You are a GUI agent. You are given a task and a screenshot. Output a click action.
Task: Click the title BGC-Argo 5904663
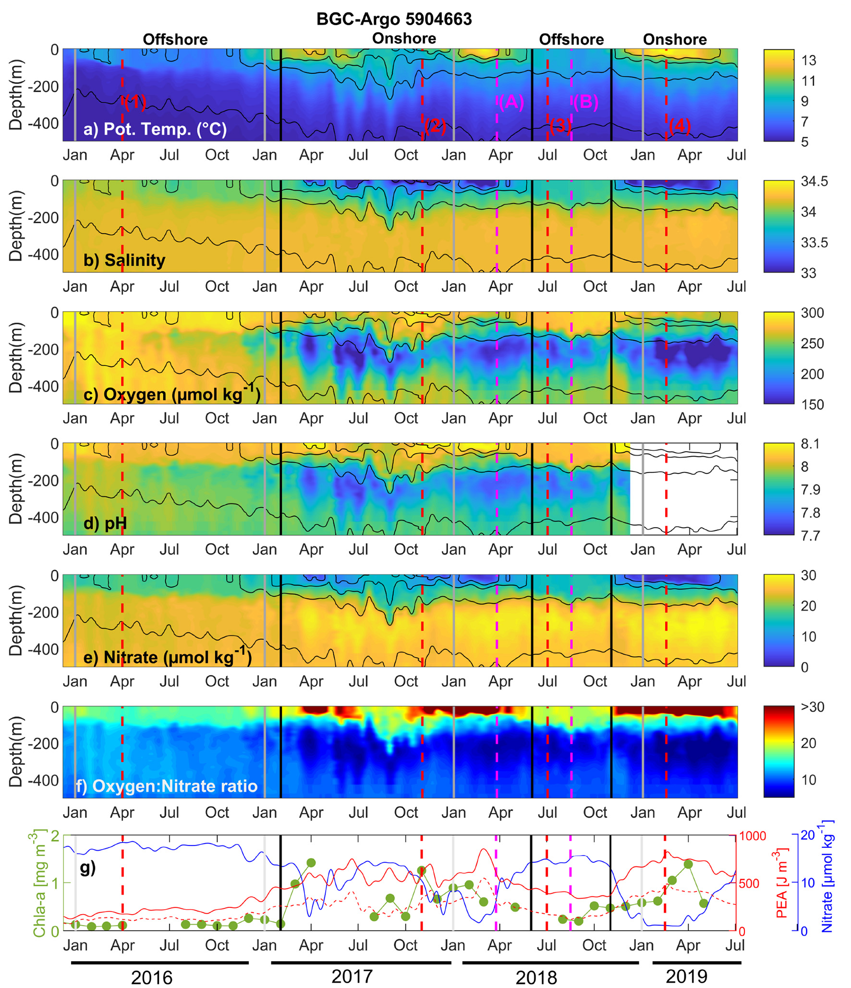[x=394, y=19]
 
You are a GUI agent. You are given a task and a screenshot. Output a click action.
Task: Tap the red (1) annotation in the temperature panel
[x=135, y=102]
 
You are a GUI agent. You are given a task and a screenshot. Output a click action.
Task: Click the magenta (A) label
[x=511, y=102]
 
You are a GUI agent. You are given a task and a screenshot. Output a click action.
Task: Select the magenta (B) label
[x=586, y=102]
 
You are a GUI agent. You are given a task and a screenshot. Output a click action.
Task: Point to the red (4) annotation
[x=680, y=126]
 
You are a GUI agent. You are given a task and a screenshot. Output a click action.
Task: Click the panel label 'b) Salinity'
[x=124, y=260]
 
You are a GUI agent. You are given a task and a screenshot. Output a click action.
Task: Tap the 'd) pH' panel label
[x=105, y=523]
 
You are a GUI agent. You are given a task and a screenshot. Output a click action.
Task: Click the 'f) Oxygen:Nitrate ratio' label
[x=167, y=786]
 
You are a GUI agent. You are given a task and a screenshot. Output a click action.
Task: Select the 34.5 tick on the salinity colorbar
[x=814, y=181]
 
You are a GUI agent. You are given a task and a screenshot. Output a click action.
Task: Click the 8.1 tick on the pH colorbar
[x=810, y=444]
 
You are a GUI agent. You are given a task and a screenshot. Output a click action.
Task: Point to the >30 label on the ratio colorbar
[x=812, y=707]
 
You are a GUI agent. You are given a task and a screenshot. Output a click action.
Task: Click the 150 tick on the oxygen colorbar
[x=812, y=404]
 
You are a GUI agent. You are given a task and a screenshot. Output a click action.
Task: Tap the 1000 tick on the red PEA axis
[x=753, y=836]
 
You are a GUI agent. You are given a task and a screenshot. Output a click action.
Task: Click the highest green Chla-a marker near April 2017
[x=311, y=863]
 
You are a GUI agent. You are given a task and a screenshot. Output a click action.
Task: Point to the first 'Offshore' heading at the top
[x=175, y=39]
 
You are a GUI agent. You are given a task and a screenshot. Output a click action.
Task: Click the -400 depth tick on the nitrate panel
[x=43, y=649]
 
